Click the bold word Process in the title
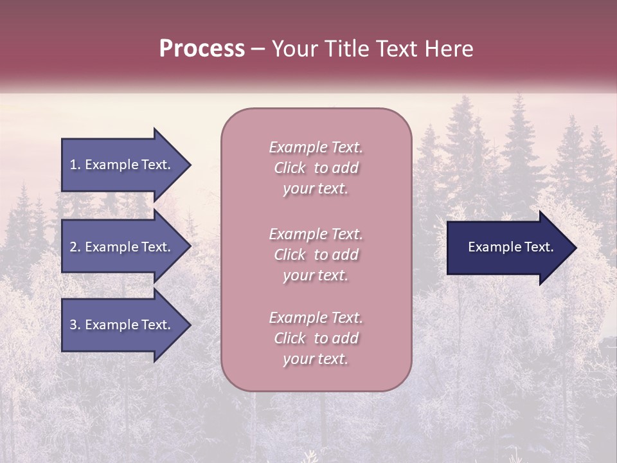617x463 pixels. [x=202, y=49]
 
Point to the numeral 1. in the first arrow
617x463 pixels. [x=75, y=165]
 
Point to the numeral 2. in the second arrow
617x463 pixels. [x=75, y=247]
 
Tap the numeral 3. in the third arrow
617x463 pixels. [x=75, y=325]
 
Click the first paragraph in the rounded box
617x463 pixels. [x=316, y=168]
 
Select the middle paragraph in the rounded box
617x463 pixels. [x=316, y=255]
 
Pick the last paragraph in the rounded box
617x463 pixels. [x=316, y=338]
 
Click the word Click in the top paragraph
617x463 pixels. [x=290, y=168]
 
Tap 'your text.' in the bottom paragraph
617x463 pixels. [x=316, y=359]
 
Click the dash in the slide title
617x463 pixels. [x=258, y=49]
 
